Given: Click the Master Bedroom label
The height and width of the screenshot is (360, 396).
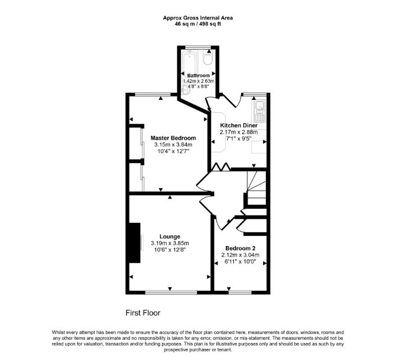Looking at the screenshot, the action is (173, 138).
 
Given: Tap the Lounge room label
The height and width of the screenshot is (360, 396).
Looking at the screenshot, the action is (170, 236).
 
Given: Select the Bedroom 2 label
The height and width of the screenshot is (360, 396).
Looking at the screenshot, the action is (240, 248).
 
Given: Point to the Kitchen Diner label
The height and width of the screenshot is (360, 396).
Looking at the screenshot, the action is (239, 125).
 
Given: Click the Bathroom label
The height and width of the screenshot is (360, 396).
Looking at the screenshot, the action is (198, 76).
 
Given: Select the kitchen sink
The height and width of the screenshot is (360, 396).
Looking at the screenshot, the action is (259, 111).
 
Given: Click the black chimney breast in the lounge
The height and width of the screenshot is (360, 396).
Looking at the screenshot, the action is (135, 243).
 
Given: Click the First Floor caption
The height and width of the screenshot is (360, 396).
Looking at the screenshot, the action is (143, 313).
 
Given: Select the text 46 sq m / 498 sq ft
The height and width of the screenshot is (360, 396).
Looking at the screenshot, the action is (198, 24).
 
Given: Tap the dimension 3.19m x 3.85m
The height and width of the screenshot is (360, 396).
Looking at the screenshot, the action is (170, 244).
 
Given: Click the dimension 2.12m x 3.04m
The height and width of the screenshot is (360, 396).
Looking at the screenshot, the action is (240, 255).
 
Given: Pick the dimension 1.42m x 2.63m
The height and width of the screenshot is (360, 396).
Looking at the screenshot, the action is (199, 81).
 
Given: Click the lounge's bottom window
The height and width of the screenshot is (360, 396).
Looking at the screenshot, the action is (171, 292).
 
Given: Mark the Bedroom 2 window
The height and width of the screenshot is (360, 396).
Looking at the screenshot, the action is (240, 292).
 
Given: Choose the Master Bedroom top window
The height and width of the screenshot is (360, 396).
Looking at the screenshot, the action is (153, 95).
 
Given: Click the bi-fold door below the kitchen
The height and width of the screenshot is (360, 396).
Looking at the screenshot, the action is (220, 167).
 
